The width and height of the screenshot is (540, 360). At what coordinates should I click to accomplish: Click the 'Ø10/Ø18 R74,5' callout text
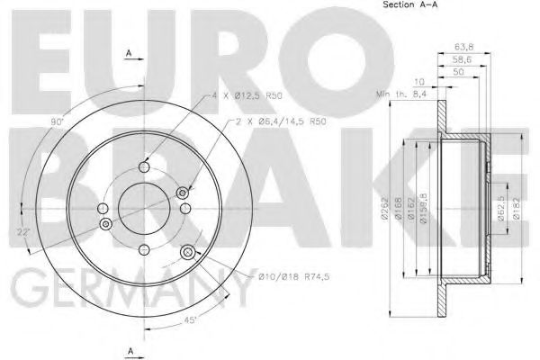tap(291, 277)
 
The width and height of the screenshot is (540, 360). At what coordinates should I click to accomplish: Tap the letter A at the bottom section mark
tap(130, 350)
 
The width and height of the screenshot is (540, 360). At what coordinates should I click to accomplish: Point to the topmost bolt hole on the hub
tap(143, 166)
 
